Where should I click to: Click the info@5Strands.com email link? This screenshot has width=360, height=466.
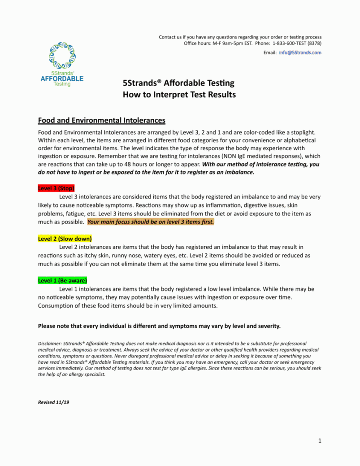tap(300, 52)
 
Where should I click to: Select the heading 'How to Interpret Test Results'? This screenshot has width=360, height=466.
tap(179, 95)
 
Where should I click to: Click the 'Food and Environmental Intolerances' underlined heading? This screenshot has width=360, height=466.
tap(102, 120)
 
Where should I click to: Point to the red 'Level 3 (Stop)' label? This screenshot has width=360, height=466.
tap(56, 188)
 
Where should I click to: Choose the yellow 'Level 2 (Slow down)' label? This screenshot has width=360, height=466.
tap(65, 239)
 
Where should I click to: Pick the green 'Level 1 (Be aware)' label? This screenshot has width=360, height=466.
tap(62, 280)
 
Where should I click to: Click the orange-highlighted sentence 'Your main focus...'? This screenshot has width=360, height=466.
tap(151, 222)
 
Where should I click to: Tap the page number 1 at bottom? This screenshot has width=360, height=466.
tap(320, 441)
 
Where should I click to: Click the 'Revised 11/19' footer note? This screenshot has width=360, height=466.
tap(54, 402)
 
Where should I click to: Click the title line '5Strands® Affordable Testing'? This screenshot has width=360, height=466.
tap(178, 83)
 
